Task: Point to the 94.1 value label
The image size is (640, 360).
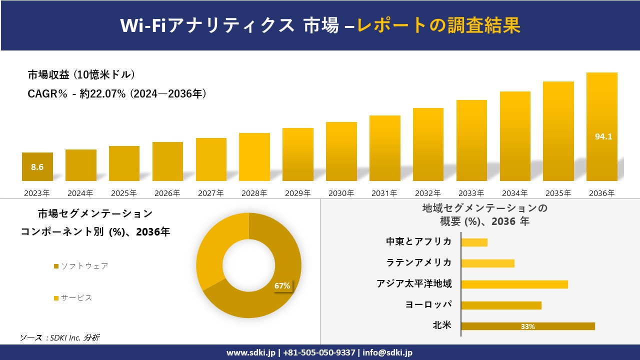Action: pyautogui.click(x=603, y=136)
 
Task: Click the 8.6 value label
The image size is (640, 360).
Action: pyautogui.click(x=37, y=167)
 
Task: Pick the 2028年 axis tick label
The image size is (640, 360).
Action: pyautogui.click(x=254, y=193)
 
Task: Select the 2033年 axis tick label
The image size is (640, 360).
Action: pyautogui.click(x=471, y=193)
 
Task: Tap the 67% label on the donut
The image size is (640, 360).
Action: pyautogui.click(x=282, y=286)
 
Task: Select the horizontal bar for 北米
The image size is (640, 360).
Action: pyautogui.click(x=527, y=326)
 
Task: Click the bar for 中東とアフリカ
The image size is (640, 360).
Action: pyautogui.click(x=474, y=242)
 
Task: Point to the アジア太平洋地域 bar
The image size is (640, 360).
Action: pyautogui.click(x=514, y=284)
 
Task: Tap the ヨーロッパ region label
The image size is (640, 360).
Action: pyautogui.click(x=428, y=304)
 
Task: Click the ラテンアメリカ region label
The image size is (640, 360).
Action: pyautogui.click(x=418, y=262)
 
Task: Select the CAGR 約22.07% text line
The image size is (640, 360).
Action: pyautogui.click(x=117, y=94)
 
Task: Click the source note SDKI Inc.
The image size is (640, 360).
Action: pyautogui.click(x=59, y=338)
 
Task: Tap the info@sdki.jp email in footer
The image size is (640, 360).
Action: pyautogui.click(x=387, y=352)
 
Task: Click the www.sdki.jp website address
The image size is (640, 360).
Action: pyautogui.click(x=249, y=352)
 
